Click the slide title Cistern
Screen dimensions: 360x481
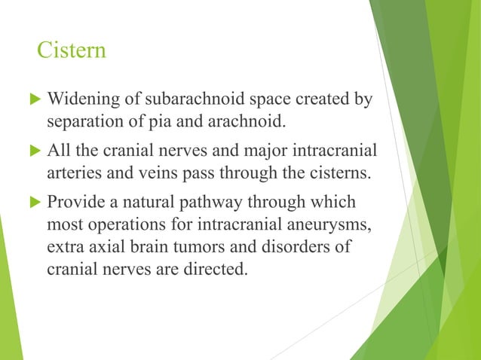point(72,51)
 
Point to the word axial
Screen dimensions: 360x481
point(103,246)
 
